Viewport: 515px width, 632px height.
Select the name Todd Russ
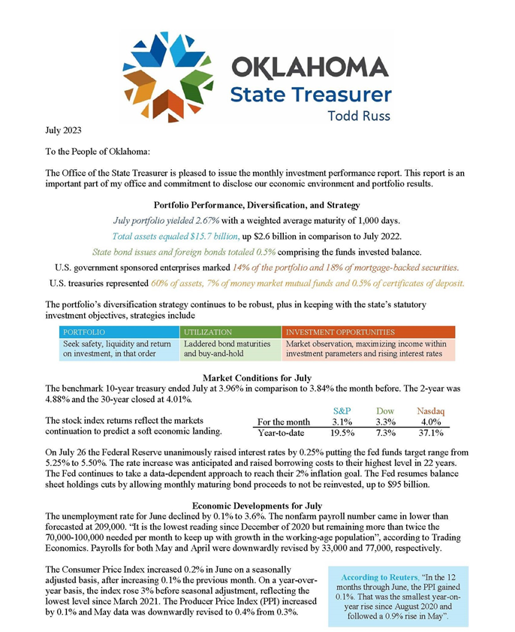pos(360,116)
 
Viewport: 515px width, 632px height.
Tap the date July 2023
pos(64,131)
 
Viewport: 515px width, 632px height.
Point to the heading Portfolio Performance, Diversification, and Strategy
pos(257,204)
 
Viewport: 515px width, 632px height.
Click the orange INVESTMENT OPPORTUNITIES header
pos(340,331)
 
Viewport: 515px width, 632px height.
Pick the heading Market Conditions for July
pos(257,377)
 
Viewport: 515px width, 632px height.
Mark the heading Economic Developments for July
pos(257,506)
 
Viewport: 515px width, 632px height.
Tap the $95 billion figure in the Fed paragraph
pos(407,485)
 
